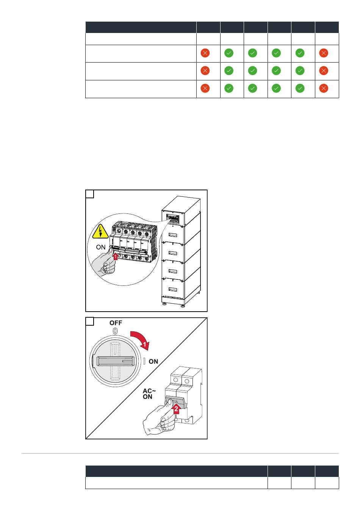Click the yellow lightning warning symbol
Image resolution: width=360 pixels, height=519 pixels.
point(100,231)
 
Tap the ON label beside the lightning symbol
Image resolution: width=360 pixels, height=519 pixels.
point(101,247)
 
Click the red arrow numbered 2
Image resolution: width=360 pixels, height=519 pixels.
point(176,409)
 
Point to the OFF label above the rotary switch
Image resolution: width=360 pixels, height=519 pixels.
point(116,323)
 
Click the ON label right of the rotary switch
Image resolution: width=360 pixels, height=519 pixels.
point(153,362)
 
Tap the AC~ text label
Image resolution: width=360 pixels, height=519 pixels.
point(149,391)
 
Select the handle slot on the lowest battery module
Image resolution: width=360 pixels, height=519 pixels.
point(172,290)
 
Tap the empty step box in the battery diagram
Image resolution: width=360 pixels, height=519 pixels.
point(90,194)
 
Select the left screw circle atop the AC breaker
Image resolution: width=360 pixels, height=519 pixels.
point(175,380)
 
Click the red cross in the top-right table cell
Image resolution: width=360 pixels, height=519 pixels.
point(324,53)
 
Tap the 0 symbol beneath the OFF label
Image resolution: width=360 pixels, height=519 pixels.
point(115,331)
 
